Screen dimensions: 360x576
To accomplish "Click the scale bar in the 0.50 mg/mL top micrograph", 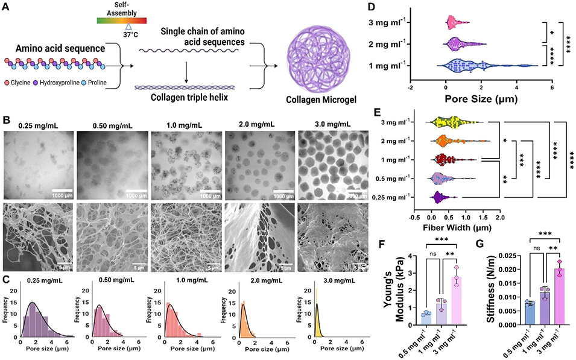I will coord(138,193).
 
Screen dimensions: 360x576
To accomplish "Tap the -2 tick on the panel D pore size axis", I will coord(410,86).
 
